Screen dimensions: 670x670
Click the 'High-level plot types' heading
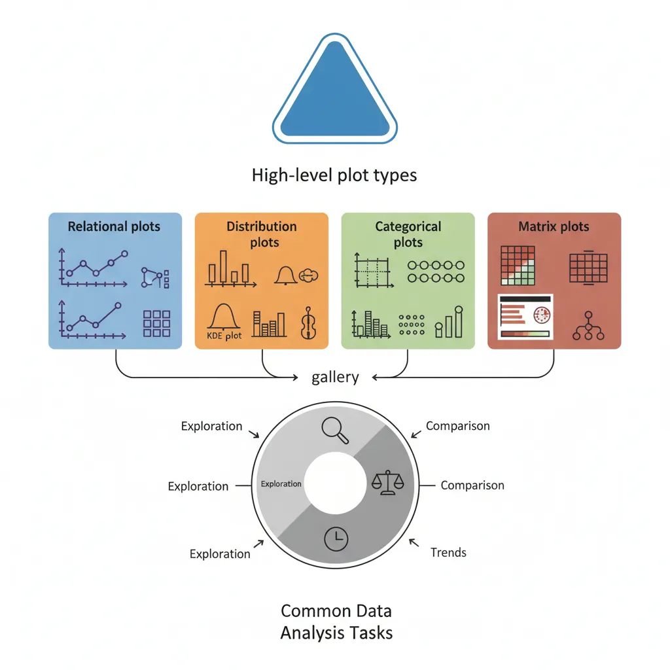tap(334, 175)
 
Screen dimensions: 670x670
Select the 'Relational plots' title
tap(114, 227)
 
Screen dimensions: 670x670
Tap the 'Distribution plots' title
tap(262, 234)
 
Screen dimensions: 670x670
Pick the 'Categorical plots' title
tap(408, 234)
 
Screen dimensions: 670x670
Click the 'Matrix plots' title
tap(554, 227)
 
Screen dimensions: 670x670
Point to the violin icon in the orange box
tap(307, 323)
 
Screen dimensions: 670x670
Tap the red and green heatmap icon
tap(518, 265)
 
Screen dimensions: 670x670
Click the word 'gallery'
tap(335, 377)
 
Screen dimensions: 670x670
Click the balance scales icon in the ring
tap(387, 483)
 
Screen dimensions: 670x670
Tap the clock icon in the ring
tap(336, 538)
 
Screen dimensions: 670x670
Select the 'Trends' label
tap(448, 552)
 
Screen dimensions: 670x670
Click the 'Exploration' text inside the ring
tap(281, 484)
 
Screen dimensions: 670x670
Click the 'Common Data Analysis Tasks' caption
tap(336, 622)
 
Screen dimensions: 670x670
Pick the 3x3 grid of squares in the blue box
tap(156, 323)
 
